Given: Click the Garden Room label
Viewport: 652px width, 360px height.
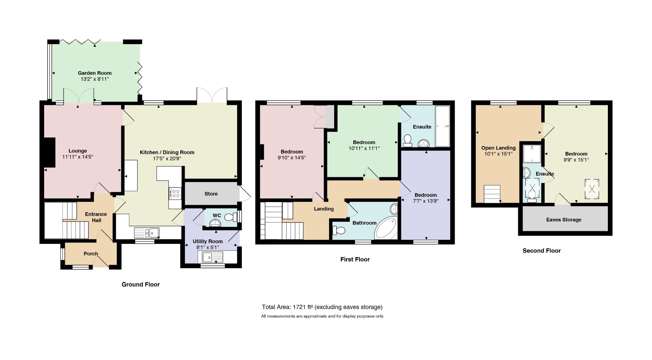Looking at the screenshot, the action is pyautogui.click(x=95, y=73).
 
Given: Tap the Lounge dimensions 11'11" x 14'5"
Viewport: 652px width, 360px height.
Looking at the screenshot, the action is pyautogui.click(x=78, y=157).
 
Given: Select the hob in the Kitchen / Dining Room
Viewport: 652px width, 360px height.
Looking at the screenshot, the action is pyautogui.click(x=176, y=194).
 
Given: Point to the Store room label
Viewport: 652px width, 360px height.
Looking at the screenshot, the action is pyautogui.click(x=211, y=194).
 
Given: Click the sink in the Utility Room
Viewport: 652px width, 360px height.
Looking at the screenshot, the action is pyautogui.click(x=213, y=257).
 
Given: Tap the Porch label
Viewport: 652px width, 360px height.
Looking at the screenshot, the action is pyautogui.click(x=91, y=254).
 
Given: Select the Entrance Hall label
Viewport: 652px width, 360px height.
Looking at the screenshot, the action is pyautogui.click(x=96, y=217).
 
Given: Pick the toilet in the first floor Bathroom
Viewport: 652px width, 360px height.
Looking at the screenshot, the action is pyautogui.click(x=339, y=231).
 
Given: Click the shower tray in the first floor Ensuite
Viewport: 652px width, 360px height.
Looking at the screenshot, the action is pyautogui.click(x=442, y=126).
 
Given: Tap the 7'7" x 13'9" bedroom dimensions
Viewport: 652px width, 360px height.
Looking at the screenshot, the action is pyautogui.click(x=425, y=201).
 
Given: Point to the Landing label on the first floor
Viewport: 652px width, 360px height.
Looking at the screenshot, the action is pyautogui.click(x=324, y=209).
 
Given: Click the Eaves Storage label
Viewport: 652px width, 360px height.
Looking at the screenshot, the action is pyautogui.click(x=564, y=220).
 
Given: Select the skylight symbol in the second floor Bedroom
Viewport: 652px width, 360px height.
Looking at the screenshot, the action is pyautogui.click(x=592, y=189).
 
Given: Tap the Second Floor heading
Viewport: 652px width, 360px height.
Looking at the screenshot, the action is pyautogui.click(x=542, y=251).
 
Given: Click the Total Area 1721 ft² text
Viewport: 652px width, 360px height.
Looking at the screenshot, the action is pyautogui.click(x=322, y=307).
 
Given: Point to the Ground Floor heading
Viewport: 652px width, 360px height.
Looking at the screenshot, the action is pyautogui.click(x=141, y=285).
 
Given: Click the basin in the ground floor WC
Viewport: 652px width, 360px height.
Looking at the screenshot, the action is pyautogui.click(x=214, y=223).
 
